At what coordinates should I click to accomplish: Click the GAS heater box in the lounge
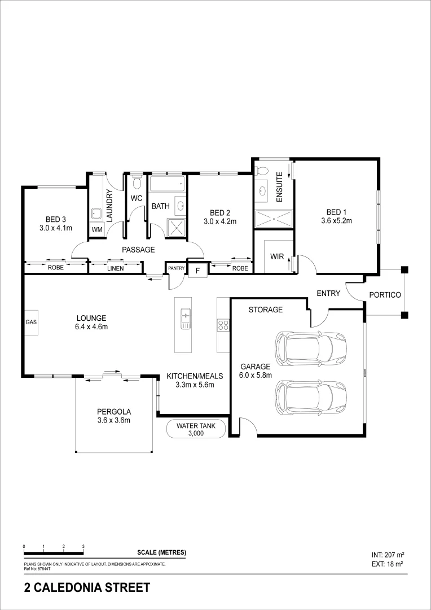tap(30, 322)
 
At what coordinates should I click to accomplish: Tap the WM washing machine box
tap(96, 229)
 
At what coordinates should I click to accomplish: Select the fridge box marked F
tap(197, 271)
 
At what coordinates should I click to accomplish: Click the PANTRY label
tap(175, 268)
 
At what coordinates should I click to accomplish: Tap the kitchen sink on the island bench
tap(184, 319)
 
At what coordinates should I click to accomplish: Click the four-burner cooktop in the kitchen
tap(223, 325)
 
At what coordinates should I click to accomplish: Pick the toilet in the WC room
tap(136, 183)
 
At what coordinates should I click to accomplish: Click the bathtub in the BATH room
tap(167, 184)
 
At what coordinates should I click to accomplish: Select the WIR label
tap(277, 256)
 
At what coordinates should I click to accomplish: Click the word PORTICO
tap(385, 295)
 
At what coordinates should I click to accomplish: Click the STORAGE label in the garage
tap(266, 310)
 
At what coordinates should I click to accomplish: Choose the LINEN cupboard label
tap(115, 268)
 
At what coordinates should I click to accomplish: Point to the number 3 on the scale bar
tap(83, 546)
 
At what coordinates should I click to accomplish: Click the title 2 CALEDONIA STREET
tap(87, 588)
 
